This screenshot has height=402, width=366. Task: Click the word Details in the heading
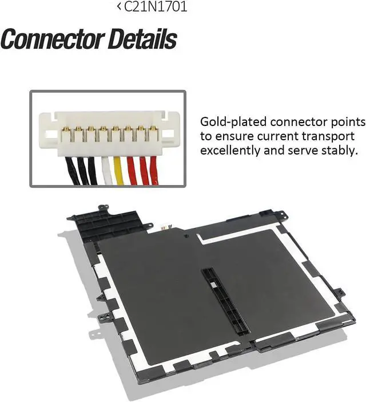pyautogui.click(x=138, y=40)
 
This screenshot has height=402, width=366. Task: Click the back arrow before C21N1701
pyautogui.click(x=119, y=7)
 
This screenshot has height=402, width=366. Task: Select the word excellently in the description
pyautogui.click(x=226, y=150)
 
